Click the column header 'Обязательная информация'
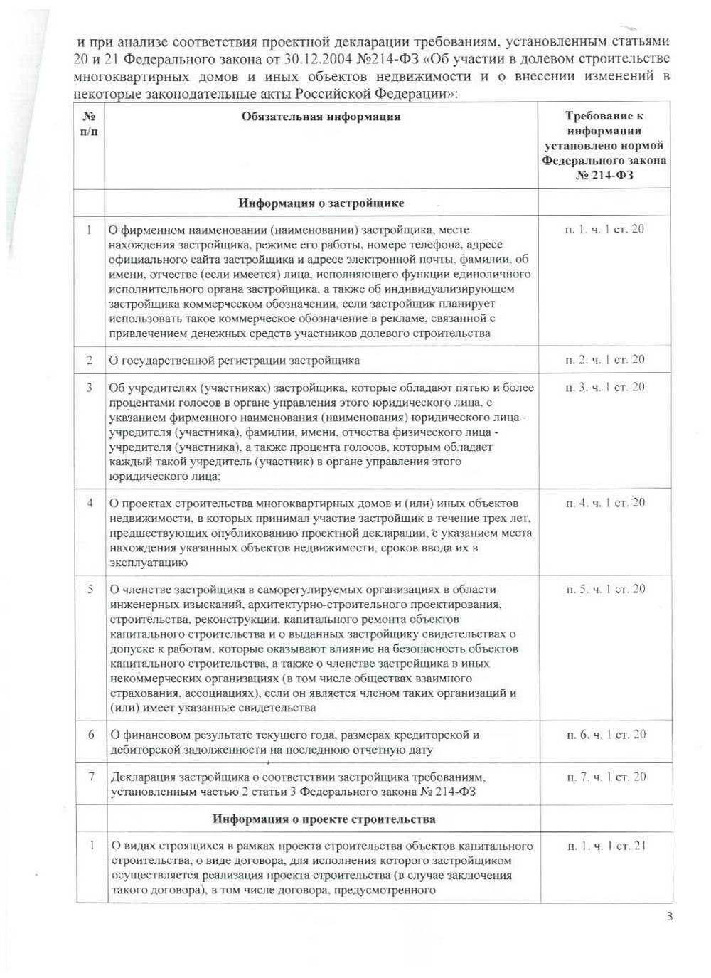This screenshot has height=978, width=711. [321, 117]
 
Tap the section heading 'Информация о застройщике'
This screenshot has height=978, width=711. [321, 203]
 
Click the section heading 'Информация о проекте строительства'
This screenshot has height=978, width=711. [324, 819]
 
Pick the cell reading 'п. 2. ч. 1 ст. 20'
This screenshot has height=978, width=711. [604, 360]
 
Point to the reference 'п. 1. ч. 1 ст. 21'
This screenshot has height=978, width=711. [605, 846]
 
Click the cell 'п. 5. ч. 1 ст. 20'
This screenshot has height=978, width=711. [605, 589]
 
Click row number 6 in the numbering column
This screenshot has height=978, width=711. [91, 734]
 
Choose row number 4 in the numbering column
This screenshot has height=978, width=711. [90, 503]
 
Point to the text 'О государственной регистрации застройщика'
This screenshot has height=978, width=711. [234, 361]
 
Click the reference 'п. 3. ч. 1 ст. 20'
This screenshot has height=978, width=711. [604, 388]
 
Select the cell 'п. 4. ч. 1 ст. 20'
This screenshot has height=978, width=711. [605, 503]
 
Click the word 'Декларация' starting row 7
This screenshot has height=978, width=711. [139, 777]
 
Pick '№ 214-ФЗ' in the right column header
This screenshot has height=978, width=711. [604, 175]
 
